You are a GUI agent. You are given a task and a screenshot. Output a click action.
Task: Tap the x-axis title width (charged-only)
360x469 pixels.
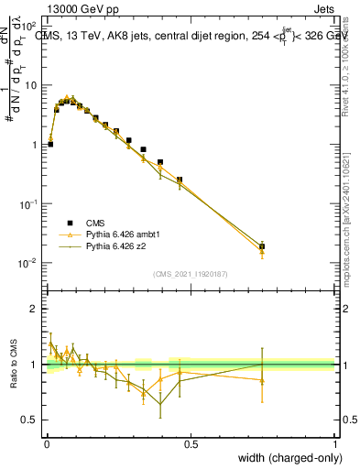click(289, 458)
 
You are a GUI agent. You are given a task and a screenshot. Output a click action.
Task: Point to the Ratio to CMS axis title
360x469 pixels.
click(13, 364)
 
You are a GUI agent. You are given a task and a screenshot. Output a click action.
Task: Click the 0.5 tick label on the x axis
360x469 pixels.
click(191, 444)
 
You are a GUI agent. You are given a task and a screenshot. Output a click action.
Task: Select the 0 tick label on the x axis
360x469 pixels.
click(46, 444)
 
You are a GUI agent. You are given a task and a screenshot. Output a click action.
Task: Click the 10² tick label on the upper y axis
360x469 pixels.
click(29, 26)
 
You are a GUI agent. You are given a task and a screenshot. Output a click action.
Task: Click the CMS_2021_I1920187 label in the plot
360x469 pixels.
click(191, 274)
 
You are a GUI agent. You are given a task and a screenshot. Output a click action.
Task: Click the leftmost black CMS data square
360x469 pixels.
click(50, 144)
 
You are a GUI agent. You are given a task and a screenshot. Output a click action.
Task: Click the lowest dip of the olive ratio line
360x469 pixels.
click(161, 404)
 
